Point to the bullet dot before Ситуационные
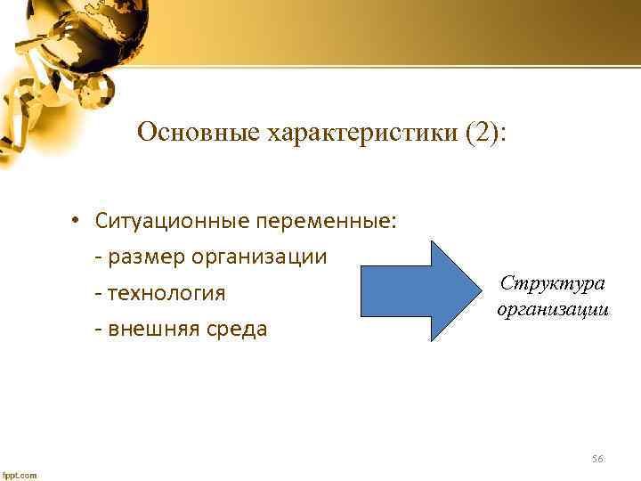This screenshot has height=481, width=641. point(78,221)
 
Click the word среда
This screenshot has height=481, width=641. point(237,330)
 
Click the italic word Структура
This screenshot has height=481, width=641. point(552,283)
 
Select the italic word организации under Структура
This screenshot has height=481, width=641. point(555,311)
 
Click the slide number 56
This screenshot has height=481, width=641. point(597,459)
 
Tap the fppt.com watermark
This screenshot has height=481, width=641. point(20,475)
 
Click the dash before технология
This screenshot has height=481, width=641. point(97,294)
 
